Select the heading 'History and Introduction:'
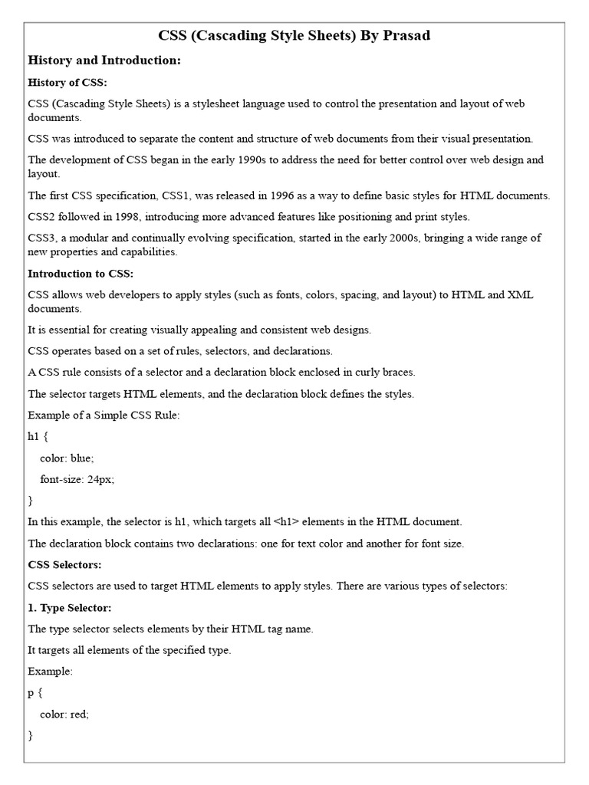[104, 60]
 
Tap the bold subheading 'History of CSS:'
[67, 82]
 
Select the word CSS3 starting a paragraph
[43, 238]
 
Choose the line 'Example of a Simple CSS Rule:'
[103, 415]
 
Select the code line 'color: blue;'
[67, 458]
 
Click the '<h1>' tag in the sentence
[287, 522]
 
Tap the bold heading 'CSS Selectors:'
[64, 564]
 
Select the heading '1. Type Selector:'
[70, 607]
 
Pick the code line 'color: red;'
[64, 714]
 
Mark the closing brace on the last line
[31, 735]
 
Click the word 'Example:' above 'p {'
[50, 671]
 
